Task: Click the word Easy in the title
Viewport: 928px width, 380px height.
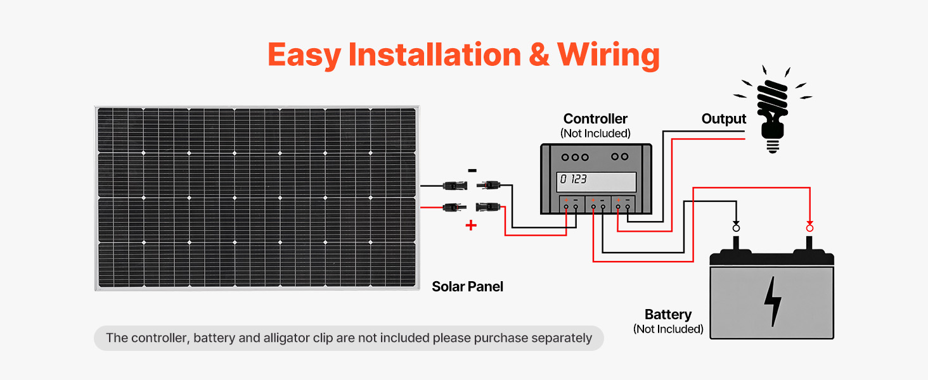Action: click(304, 54)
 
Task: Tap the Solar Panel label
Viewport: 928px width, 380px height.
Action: click(467, 286)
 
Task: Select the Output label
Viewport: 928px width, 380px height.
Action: click(724, 119)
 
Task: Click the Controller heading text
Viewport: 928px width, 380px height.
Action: click(595, 119)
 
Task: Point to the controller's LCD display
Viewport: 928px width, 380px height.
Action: click(596, 181)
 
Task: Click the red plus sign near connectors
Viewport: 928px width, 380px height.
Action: click(471, 225)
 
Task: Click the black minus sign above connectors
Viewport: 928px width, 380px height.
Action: click(472, 170)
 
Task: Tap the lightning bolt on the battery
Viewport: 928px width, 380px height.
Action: click(772, 301)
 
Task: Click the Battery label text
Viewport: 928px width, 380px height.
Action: click(668, 315)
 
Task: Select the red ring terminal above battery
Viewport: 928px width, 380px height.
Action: click(809, 227)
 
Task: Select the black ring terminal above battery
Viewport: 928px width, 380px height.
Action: click(736, 227)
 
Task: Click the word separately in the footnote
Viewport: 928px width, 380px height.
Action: click(560, 338)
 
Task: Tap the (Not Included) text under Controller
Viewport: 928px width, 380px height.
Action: click(595, 134)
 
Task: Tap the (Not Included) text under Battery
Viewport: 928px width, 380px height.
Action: click(668, 329)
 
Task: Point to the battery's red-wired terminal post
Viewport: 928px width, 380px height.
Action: click(809, 244)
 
